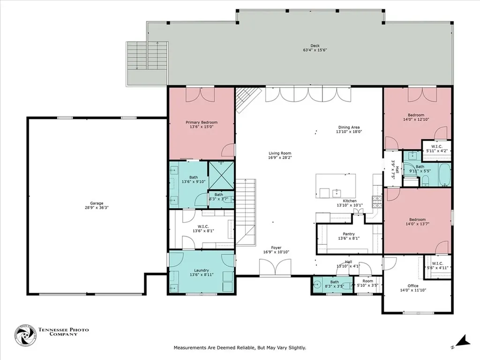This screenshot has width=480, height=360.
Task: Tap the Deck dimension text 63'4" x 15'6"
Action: (315, 50)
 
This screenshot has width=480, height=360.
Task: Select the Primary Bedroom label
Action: (202, 123)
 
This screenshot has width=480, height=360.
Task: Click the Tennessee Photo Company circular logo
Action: (25, 335)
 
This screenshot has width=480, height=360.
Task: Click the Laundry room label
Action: (201, 270)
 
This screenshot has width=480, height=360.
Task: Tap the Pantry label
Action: (348, 234)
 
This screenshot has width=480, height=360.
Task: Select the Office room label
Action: (412, 285)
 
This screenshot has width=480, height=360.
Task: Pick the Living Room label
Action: (280, 153)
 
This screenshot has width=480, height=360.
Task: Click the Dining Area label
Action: (351, 127)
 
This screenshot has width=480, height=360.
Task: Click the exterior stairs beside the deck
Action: (147, 56)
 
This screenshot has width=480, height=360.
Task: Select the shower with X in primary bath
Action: (221, 175)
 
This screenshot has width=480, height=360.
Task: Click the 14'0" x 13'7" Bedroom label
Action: (416, 220)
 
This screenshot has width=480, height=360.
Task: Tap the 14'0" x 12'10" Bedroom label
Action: (416, 115)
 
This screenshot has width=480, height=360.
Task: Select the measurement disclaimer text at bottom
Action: (240, 348)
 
